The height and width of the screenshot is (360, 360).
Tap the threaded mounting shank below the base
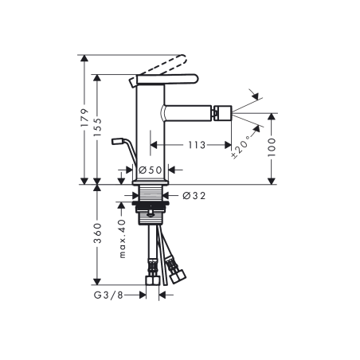(x=151, y=195)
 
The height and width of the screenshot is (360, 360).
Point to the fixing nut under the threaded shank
(x=151, y=211)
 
